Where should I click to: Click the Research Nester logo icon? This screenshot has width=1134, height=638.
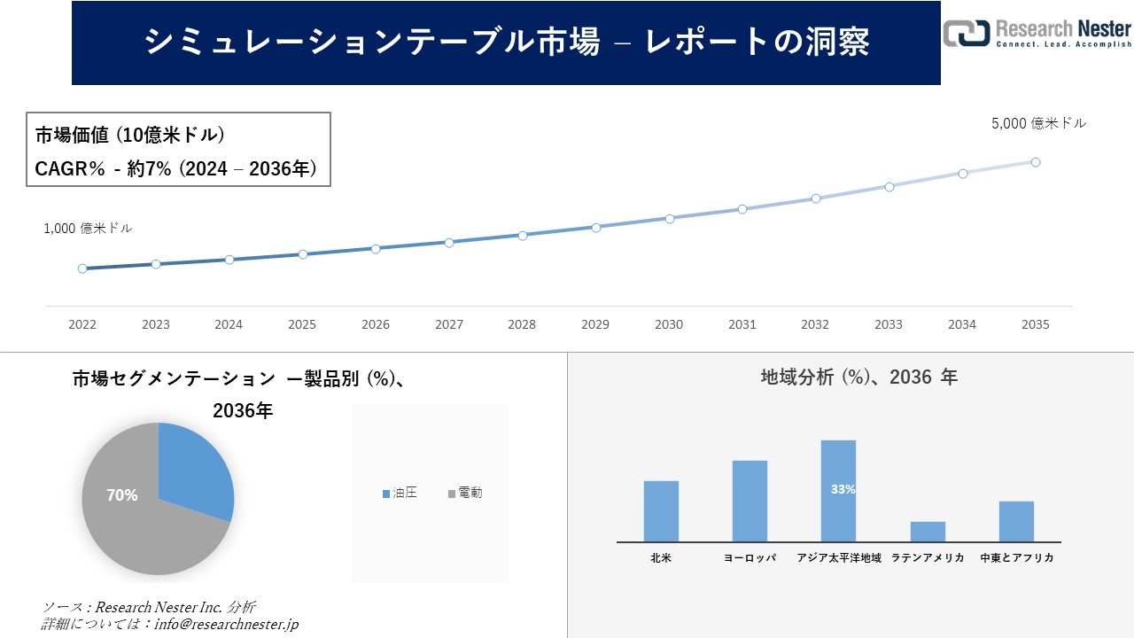(967, 33)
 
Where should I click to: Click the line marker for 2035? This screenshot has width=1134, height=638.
(1035, 162)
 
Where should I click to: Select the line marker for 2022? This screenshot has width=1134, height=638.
(82, 268)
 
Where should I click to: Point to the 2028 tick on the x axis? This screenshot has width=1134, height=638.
(522, 324)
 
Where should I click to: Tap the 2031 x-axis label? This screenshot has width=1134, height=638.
(742, 324)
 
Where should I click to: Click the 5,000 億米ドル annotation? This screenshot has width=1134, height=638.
(1038, 124)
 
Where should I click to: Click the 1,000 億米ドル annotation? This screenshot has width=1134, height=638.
(88, 229)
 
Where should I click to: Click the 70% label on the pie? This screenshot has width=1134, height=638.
(122, 495)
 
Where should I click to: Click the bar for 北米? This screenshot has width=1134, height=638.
(661, 511)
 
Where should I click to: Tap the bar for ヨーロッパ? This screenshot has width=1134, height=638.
(750, 501)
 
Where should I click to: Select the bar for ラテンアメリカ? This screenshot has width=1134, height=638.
(928, 532)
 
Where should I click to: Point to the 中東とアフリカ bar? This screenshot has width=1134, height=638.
(1016, 521)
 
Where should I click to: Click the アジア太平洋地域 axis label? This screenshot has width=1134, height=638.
(838, 558)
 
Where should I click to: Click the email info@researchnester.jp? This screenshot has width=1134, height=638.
(227, 625)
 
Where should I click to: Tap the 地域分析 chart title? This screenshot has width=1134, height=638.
(858, 377)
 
